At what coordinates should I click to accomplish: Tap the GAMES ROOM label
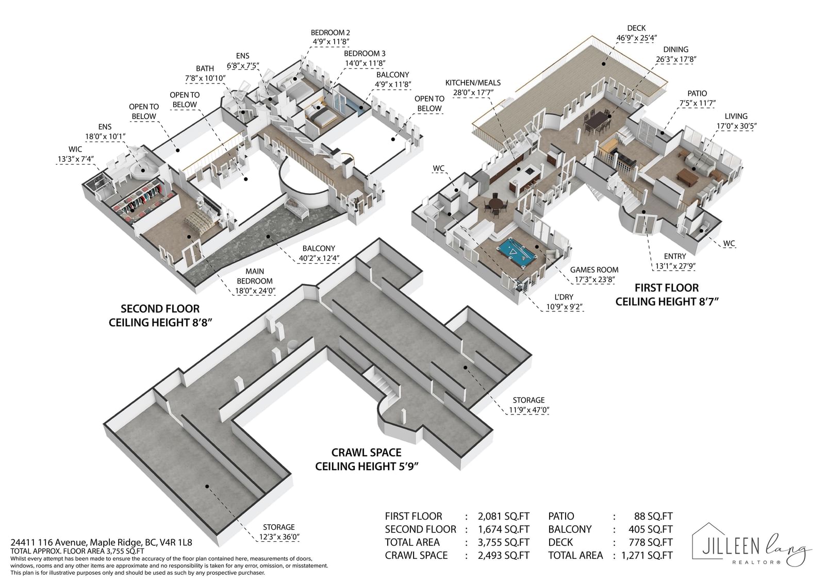[x=594, y=270]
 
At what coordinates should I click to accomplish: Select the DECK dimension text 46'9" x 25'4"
[x=637, y=38]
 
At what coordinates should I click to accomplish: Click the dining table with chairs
[x=597, y=122]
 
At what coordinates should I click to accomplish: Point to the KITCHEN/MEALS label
[x=473, y=82]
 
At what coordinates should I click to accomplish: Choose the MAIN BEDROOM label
[x=255, y=276]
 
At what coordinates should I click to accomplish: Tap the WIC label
[x=75, y=149]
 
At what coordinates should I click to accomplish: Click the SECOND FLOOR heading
[x=160, y=309]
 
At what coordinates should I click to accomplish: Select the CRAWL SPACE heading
[x=367, y=452]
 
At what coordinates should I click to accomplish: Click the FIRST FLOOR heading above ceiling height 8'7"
[x=667, y=288]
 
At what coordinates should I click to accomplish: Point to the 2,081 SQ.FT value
[x=503, y=517]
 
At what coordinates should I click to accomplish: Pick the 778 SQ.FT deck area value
[x=650, y=542]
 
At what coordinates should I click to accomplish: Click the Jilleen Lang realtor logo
[x=751, y=544]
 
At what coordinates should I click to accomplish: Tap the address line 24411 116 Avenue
[x=101, y=542]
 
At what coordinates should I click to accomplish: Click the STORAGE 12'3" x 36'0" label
[x=279, y=532]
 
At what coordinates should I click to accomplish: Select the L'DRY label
[x=564, y=297]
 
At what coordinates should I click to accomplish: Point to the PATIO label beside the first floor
[x=697, y=93]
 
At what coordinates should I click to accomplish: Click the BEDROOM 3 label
[x=365, y=54]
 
